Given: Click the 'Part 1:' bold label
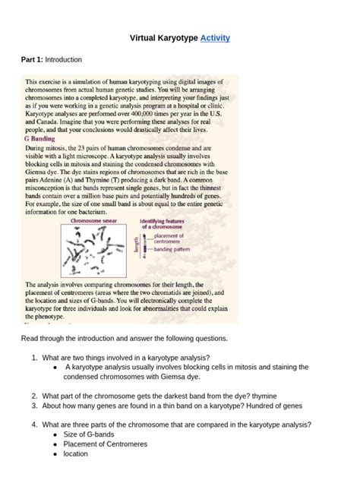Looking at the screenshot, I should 34,59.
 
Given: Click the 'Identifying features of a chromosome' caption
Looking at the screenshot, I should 166,224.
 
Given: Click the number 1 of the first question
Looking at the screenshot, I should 35,356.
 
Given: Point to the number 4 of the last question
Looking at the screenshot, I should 35,425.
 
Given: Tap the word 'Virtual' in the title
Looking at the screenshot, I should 147,37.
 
